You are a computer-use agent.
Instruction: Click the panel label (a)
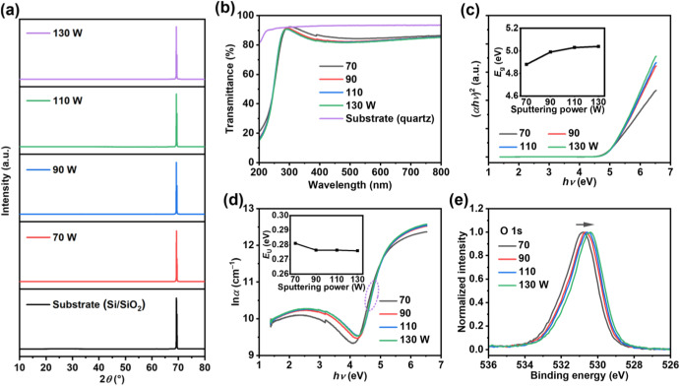(10, 10)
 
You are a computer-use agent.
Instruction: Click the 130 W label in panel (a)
(67, 32)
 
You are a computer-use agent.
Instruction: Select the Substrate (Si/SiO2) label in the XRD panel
(98, 305)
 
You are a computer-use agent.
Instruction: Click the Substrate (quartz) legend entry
(390, 118)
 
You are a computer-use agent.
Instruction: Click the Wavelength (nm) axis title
(349, 185)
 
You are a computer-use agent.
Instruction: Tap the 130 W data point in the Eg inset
(598, 46)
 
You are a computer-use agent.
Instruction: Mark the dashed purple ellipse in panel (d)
(372, 295)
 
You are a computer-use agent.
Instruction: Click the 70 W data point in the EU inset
(295, 243)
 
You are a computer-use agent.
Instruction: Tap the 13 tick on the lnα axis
(248, 209)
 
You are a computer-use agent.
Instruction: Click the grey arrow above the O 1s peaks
(585, 225)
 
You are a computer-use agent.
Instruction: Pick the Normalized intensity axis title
(463, 282)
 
